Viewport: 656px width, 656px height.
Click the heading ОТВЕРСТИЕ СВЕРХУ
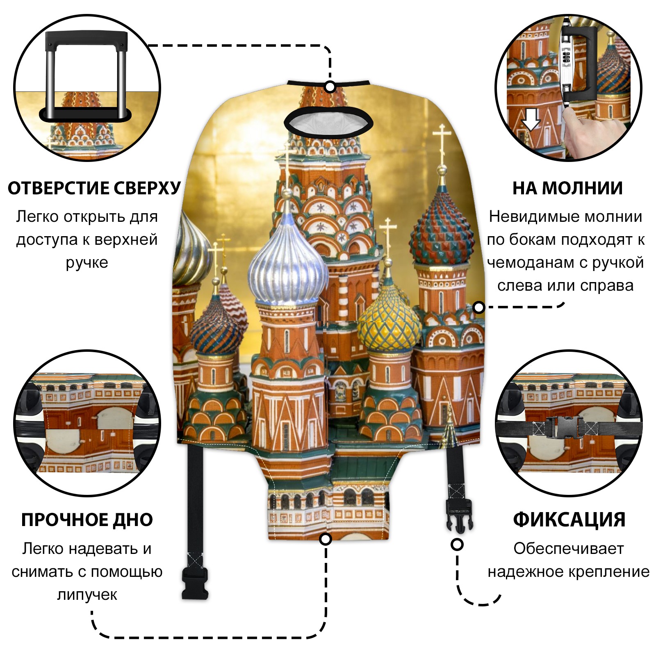(94, 188)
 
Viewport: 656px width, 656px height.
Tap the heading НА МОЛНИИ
(567, 188)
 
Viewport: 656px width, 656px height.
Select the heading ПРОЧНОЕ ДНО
(87, 520)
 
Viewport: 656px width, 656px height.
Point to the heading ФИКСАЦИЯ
(569, 520)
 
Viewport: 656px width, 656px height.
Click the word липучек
(87, 594)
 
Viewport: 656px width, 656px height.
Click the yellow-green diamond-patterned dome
(389, 322)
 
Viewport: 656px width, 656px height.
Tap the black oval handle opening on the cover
(328, 122)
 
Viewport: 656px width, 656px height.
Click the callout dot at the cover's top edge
(330, 87)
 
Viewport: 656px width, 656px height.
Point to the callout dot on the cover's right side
(478, 307)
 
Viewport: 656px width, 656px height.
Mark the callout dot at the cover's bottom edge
(326, 539)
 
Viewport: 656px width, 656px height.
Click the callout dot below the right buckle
(457, 544)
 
